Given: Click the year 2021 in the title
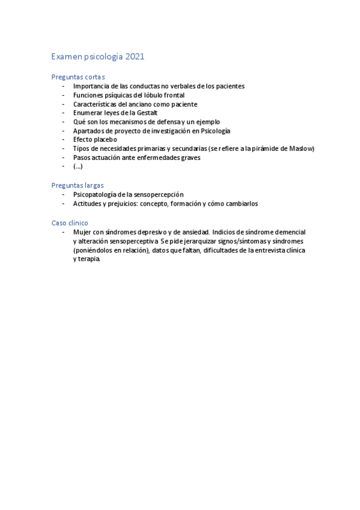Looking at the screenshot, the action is [135, 57].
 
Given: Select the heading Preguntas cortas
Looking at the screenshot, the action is [78, 77].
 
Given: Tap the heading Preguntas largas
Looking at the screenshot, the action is [78, 185].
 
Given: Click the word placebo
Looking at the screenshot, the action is [105, 140].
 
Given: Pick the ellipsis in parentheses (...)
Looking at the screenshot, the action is [78, 167].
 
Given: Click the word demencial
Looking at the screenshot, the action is [288, 232].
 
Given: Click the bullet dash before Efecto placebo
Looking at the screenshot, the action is [64, 140].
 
